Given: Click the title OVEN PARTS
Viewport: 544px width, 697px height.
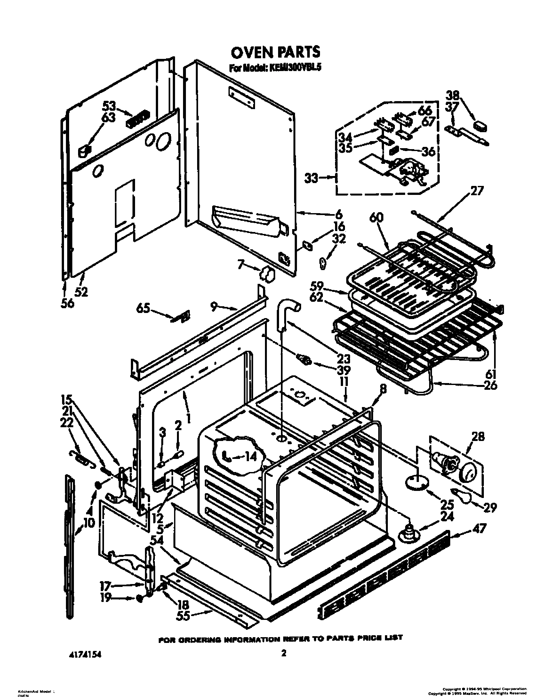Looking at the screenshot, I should (275, 52).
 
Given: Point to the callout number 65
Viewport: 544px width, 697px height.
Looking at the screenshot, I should (143, 308).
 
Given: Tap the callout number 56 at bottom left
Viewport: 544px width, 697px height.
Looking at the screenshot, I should (67, 302).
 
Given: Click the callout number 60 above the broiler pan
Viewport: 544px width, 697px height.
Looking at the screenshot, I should (377, 218).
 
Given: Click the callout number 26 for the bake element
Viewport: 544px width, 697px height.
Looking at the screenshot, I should (490, 385).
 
